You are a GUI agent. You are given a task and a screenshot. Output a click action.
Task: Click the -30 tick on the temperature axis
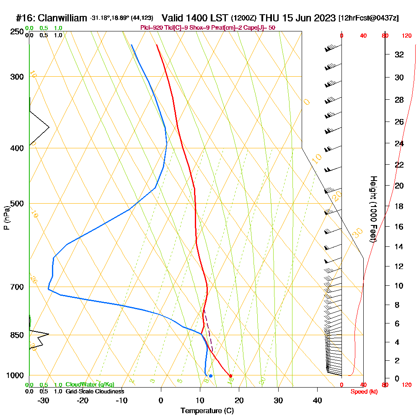click(x=44, y=401)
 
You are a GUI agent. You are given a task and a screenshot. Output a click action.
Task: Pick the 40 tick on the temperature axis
click(x=318, y=401)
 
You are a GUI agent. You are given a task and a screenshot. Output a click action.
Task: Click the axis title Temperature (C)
click(x=207, y=411)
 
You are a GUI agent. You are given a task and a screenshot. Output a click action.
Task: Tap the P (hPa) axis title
click(x=6, y=218)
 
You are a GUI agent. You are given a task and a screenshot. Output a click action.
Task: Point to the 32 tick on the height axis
click(x=400, y=54)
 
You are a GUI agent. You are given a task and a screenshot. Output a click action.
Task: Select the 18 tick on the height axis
click(x=400, y=206)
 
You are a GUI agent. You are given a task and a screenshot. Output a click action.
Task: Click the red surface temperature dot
click(x=230, y=375)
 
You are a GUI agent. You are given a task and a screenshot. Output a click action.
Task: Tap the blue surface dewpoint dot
click(x=210, y=376)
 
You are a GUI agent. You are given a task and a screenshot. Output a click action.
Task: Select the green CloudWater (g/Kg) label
click(x=90, y=385)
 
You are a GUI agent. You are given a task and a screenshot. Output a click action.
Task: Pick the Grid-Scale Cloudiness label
click(x=94, y=391)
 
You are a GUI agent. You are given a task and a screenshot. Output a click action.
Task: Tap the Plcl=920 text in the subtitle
click(x=150, y=28)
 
